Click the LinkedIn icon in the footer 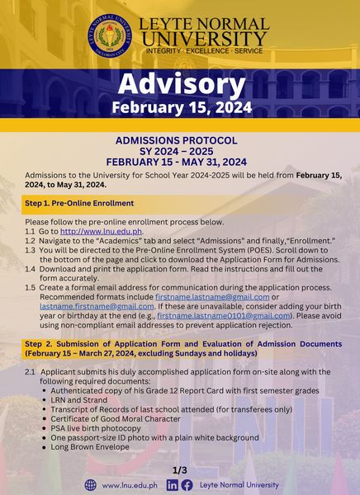(x=172, y=485)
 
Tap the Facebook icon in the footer (x=187, y=485)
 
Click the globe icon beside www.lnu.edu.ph (x=91, y=485)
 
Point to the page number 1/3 (x=179, y=469)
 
